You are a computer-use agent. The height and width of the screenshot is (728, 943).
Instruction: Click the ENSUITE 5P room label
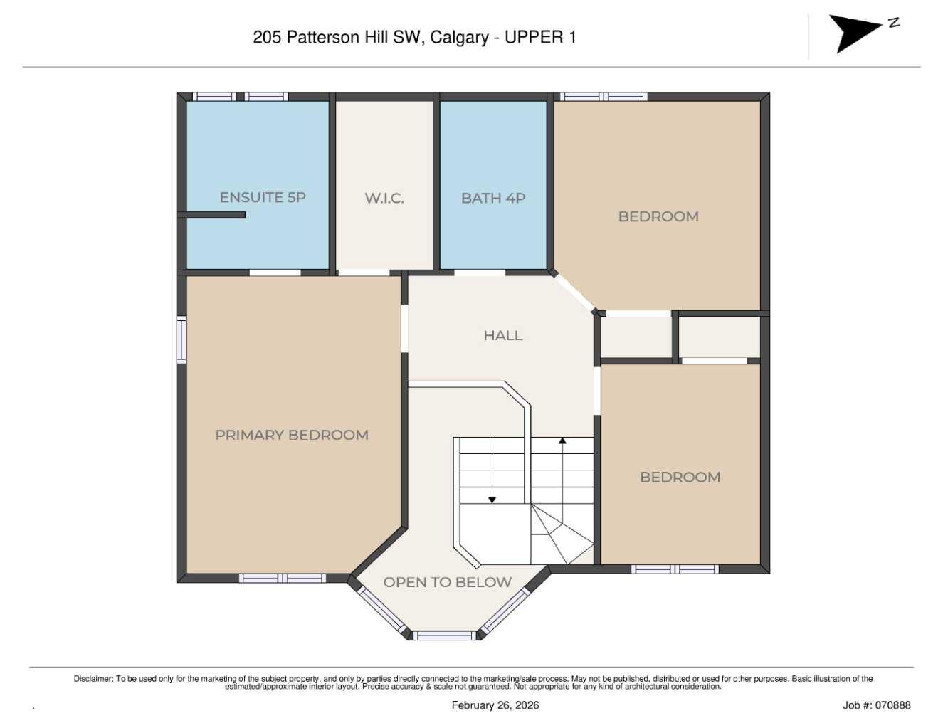point(262,197)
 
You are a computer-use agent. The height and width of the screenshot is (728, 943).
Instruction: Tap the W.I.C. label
point(384,199)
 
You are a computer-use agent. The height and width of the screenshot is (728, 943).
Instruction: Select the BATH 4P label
point(493,199)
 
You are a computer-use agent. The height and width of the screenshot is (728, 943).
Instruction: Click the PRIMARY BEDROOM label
point(292,435)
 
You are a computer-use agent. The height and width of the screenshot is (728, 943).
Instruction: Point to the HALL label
point(503,335)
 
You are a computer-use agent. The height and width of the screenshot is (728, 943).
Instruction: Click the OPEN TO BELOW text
point(447,582)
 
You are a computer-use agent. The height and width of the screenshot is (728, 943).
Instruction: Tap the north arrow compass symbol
point(857,33)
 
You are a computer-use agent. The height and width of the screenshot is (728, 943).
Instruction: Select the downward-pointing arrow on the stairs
point(492,500)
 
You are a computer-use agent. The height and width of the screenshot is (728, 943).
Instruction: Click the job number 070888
point(892,705)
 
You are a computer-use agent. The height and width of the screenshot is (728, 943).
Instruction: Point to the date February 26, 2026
point(495,705)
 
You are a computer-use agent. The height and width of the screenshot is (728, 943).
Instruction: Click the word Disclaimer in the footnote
point(93,679)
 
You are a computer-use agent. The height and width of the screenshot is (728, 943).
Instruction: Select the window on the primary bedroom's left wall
point(181,340)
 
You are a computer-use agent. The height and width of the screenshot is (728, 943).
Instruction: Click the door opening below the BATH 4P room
point(479,273)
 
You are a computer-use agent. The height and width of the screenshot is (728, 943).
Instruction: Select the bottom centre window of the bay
point(445,635)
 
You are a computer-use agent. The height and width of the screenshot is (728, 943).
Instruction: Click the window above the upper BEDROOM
point(604,97)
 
